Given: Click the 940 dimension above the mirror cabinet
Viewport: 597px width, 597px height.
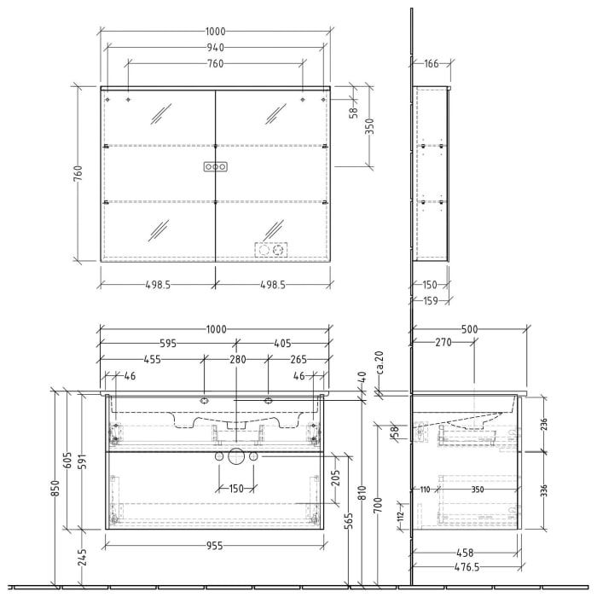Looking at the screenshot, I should coord(216,48).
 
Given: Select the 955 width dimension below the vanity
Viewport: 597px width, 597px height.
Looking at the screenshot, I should coord(215,546).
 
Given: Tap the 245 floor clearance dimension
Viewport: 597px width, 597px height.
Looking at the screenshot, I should coord(81,558).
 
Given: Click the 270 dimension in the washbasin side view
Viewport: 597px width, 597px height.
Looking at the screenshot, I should coord(442,345).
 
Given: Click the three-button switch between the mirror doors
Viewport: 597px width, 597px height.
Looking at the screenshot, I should coord(215,167).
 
